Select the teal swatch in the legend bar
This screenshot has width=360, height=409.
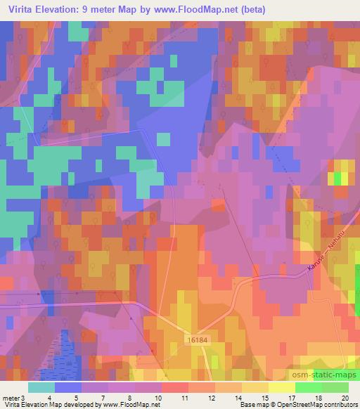(42, 387)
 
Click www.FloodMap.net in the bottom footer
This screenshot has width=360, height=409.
(134, 405)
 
